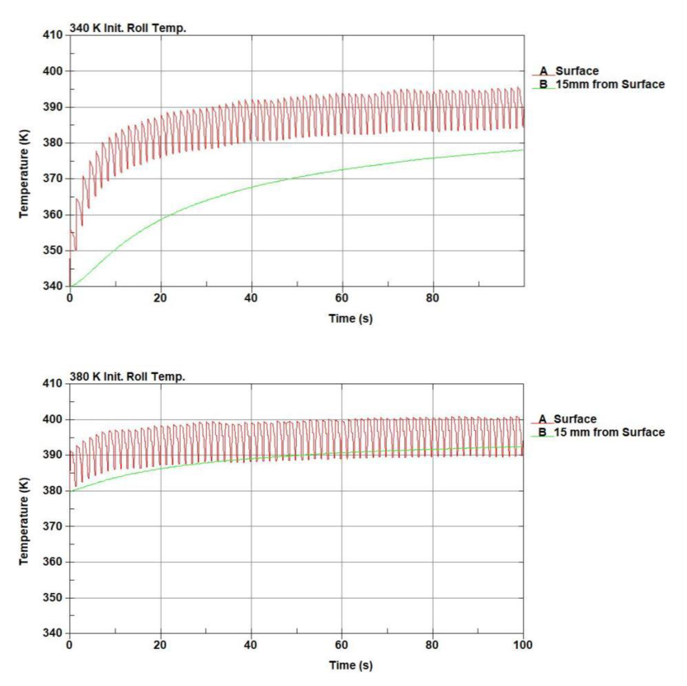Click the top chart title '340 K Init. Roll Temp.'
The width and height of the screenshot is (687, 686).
click(128, 28)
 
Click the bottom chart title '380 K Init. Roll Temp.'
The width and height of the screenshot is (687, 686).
click(127, 377)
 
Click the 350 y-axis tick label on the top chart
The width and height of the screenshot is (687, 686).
click(52, 250)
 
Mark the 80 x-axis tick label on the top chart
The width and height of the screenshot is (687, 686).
click(432, 298)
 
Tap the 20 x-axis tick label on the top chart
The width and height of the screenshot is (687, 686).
click(160, 298)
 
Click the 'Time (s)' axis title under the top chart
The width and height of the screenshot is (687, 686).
click(351, 318)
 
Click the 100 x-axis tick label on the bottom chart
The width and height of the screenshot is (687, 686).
click(523, 645)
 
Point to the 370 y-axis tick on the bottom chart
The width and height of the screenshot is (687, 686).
click(52, 526)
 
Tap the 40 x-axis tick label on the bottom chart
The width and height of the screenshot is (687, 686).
click(251, 645)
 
